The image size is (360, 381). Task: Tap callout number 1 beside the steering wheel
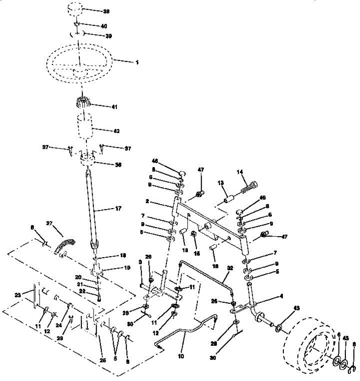click(137, 63)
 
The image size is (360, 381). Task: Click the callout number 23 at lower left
click(18, 295)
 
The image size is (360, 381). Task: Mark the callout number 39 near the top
click(108, 36)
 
